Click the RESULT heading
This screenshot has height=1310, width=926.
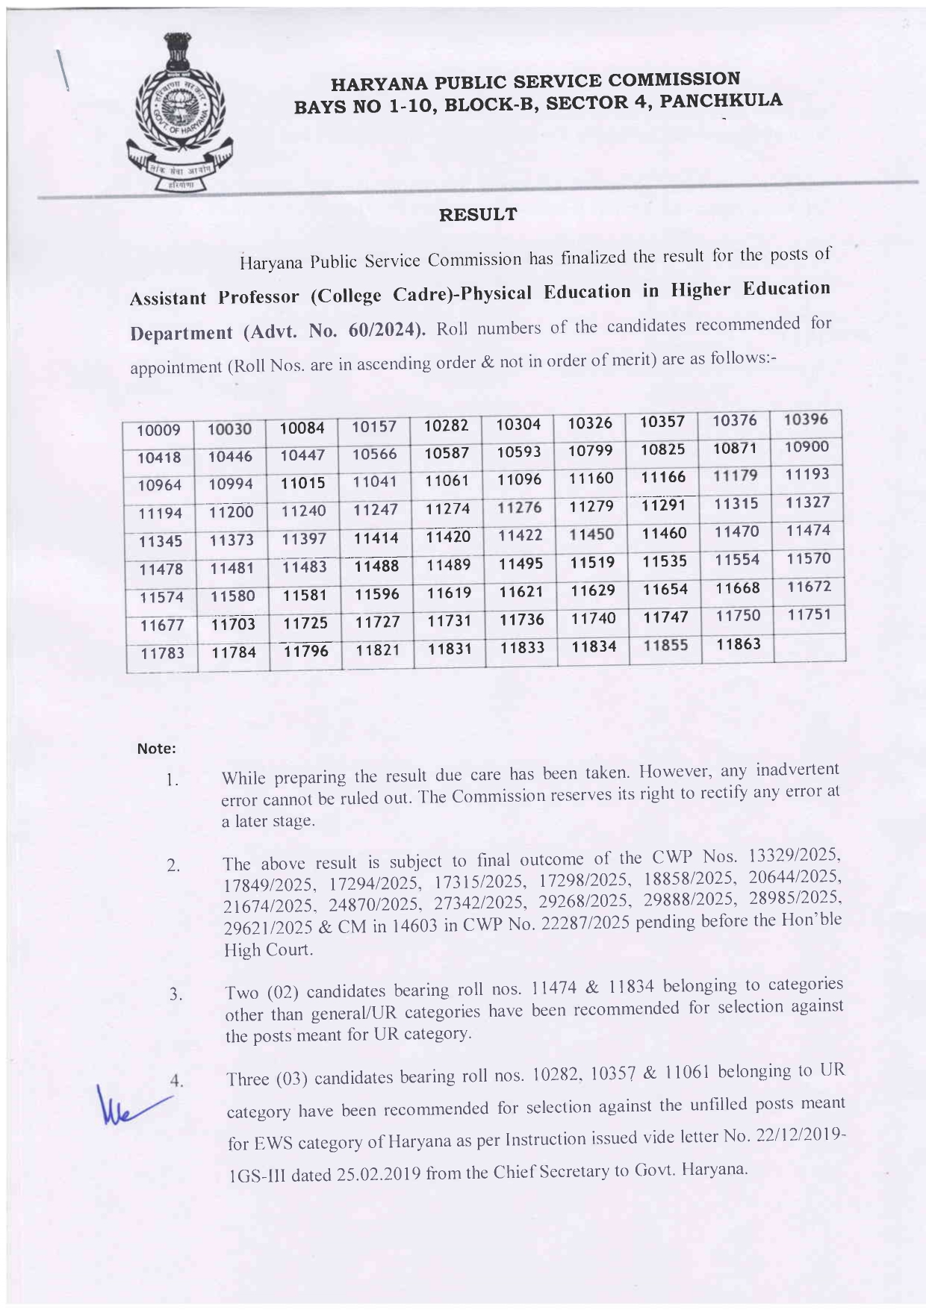pyautogui.click(x=477, y=215)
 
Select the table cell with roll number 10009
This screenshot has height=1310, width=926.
pyautogui.click(x=158, y=431)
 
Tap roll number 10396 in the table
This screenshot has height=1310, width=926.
pyautogui.click(x=806, y=419)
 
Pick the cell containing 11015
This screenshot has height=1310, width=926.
pyautogui.click(x=302, y=483)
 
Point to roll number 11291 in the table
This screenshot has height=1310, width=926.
pyautogui.click(x=662, y=505)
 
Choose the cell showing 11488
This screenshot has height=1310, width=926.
pyautogui.click(x=376, y=566)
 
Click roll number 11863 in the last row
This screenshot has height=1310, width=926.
pyautogui.click(x=737, y=644)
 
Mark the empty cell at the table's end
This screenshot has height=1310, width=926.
pyautogui.click(x=810, y=646)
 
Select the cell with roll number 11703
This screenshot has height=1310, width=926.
pyautogui.click(x=232, y=623)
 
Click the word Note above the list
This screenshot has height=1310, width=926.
pyautogui.click(x=156, y=748)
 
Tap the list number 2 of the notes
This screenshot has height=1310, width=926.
pyautogui.click(x=173, y=866)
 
